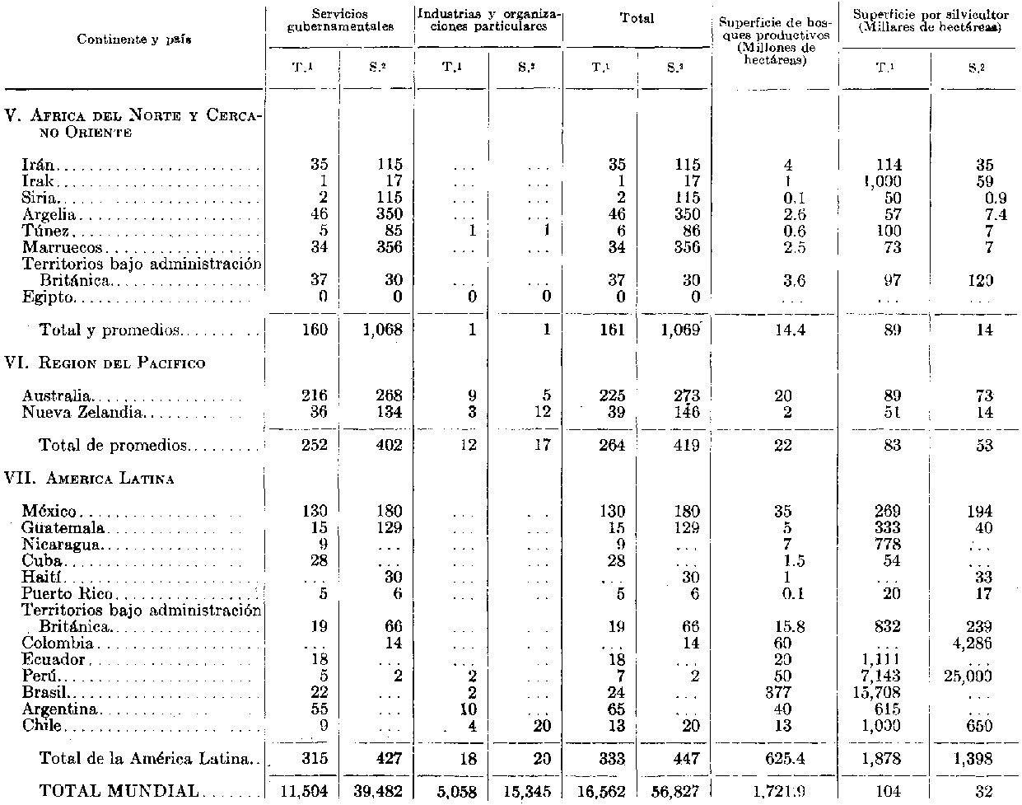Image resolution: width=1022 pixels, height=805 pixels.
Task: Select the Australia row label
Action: coord(57,396)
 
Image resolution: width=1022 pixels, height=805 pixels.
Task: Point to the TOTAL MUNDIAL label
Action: coord(119,791)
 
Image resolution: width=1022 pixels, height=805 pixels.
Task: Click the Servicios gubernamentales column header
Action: coord(340,21)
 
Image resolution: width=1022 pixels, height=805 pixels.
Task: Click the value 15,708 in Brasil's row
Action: coord(880,693)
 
